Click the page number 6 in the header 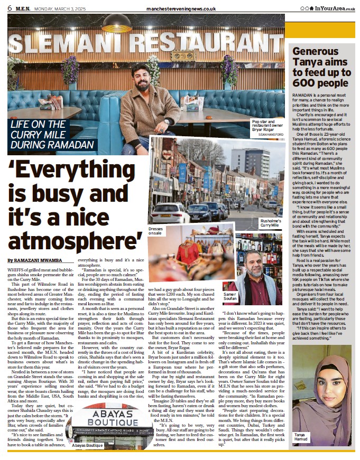(x=9, y=7)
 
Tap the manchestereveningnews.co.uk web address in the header (x=181, y=8)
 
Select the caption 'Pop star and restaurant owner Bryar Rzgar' (x=267, y=127)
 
